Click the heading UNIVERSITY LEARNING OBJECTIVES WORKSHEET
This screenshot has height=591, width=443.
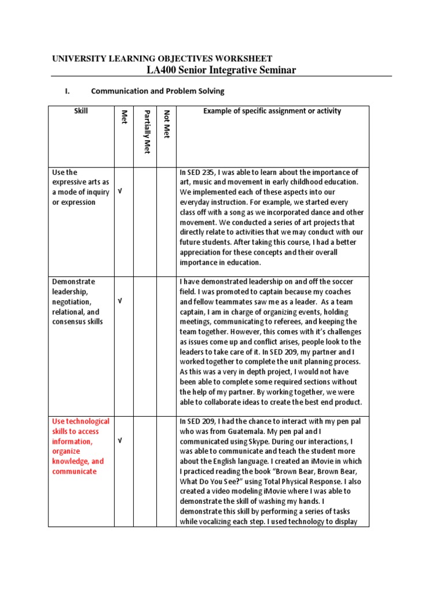[162, 58]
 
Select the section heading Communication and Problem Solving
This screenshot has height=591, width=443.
[157, 91]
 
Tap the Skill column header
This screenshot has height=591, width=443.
[81, 111]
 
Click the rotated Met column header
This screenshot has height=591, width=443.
[123, 117]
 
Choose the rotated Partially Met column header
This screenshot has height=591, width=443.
[147, 131]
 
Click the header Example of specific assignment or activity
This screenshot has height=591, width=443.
[272, 111]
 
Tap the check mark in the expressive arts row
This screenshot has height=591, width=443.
[120, 192]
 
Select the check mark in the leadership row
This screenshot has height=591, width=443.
[120, 301]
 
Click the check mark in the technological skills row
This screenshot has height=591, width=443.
[120, 441]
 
